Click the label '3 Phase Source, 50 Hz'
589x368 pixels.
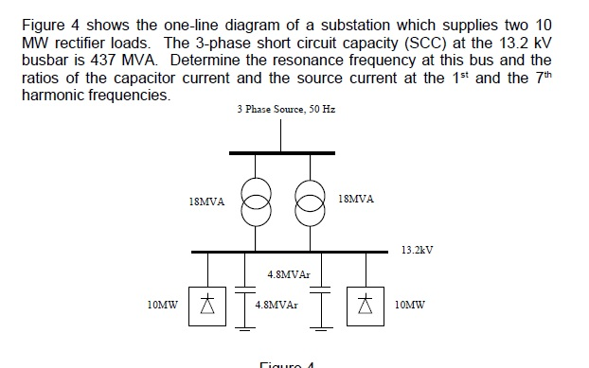[286, 110]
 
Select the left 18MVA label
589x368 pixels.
[206, 201]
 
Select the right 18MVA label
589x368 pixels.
[356, 200]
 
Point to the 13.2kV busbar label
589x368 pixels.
[418, 251]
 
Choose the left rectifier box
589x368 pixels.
[206, 306]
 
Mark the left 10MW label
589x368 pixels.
[163, 306]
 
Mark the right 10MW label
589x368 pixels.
[410, 306]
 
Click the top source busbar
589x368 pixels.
[281, 152]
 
